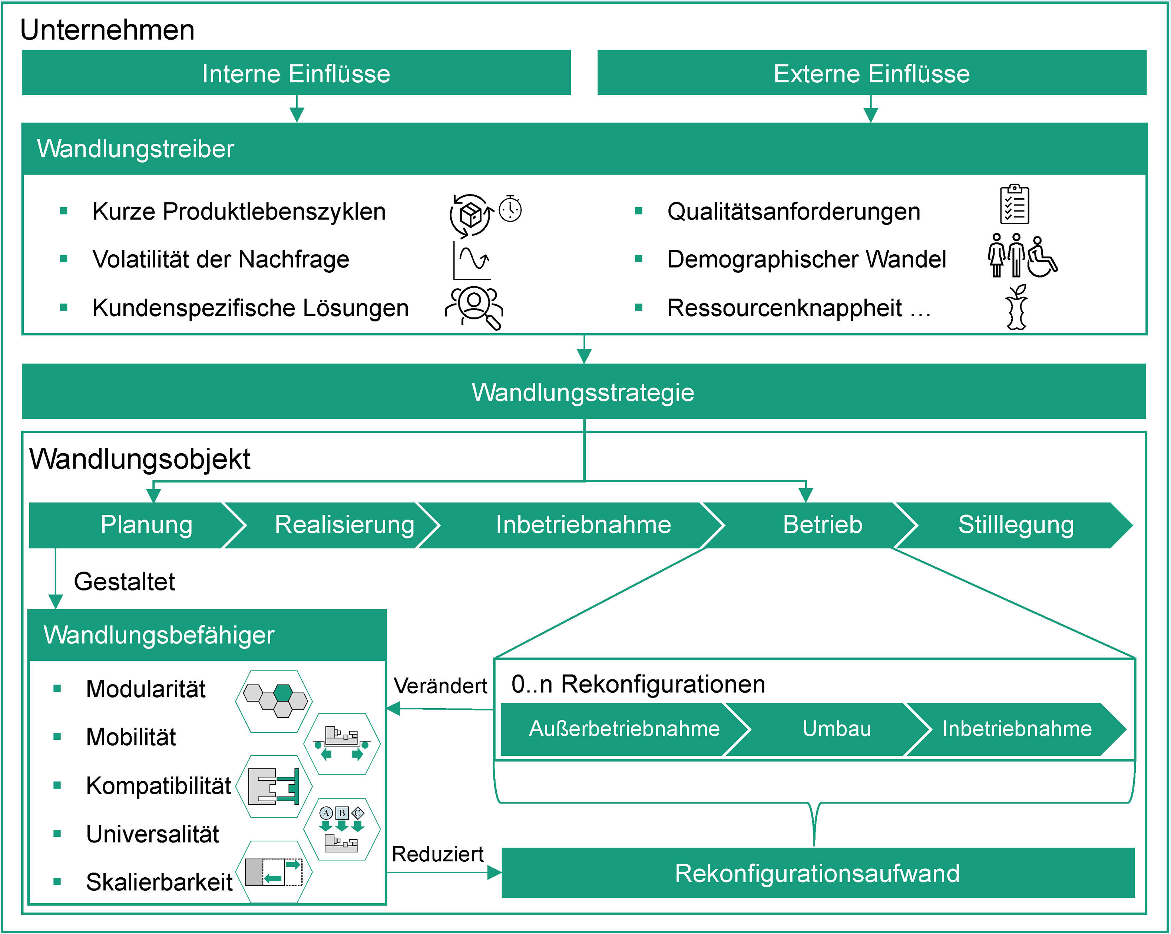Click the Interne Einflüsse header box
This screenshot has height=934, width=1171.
[x=296, y=73]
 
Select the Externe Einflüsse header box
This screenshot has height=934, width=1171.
[x=871, y=73]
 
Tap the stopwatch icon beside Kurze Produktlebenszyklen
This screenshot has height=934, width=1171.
[x=510, y=209]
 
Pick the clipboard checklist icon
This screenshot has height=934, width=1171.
[x=1014, y=204]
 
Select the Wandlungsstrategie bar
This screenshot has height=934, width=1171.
[x=583, y=391]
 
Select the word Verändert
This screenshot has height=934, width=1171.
[x=440, y=686]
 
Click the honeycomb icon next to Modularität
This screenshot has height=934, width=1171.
[x=274, y=700]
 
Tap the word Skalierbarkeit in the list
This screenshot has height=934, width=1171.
[x=159, y=882]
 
